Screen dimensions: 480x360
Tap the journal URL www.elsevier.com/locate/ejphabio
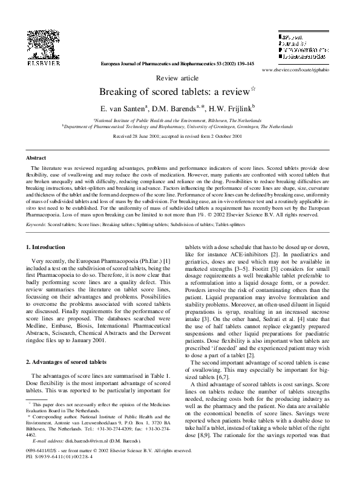tap(297, 70)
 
